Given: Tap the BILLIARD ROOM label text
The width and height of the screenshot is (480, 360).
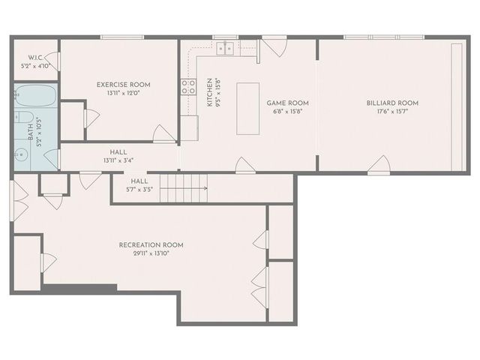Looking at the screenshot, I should (x=392, y=103).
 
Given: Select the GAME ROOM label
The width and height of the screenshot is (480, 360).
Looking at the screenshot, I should (x=288, y=103).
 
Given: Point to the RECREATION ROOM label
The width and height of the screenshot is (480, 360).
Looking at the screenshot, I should (x=151, y=245).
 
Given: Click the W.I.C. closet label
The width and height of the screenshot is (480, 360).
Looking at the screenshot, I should (x=34, y=57).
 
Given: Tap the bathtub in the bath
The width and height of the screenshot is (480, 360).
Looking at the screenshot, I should (x=34, y=97).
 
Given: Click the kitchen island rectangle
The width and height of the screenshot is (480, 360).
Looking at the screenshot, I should (x=247, y=108).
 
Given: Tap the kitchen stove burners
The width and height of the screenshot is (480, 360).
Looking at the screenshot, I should (x=187, y=86).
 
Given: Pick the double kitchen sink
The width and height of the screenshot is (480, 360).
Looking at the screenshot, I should (x=224, y=49).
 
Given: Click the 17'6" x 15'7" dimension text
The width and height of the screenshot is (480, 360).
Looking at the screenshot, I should (x=392, y=112).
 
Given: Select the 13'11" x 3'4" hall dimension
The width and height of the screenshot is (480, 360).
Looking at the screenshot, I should (x=118, y=159).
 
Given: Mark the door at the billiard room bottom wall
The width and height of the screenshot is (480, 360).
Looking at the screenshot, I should (x=379, y=165).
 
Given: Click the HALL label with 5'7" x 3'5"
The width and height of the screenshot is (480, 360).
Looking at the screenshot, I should (x=139, y=181).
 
